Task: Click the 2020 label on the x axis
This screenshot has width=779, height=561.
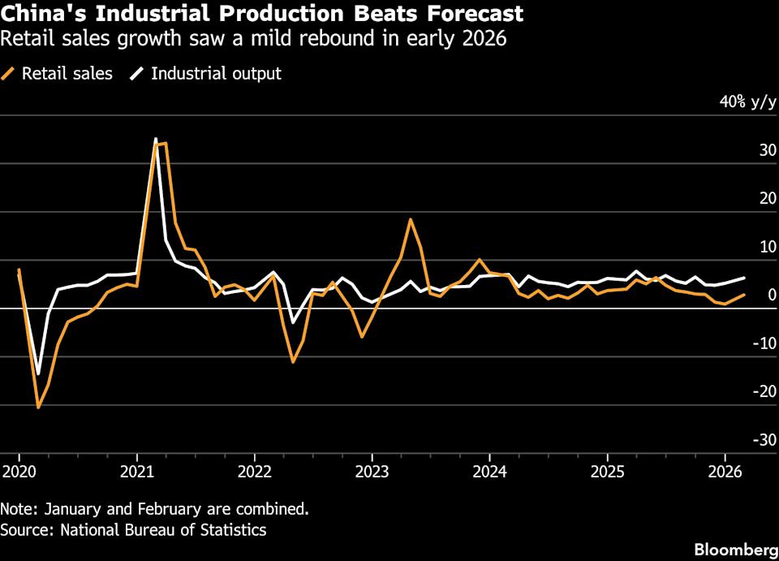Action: pyautogui.click(x=17, y=470)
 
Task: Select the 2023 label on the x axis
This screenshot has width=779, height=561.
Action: pyautogui.click(x=371, y=470)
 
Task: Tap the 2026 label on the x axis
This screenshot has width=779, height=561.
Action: pyautogui.click(x=725, y=470)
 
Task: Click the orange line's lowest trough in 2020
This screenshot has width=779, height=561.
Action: pyautogui.click(x=38, y=407)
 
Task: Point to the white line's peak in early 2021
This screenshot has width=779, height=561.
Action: pyautogui.click(x=156, y=140)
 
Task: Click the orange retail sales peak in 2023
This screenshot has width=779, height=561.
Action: pyautogui.click(x=411, y=219)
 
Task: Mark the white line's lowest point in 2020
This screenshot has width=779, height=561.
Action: pyautogui.click(x=37, y=373)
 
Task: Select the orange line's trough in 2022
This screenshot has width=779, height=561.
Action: pyautogui.click(x=293, y=361)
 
